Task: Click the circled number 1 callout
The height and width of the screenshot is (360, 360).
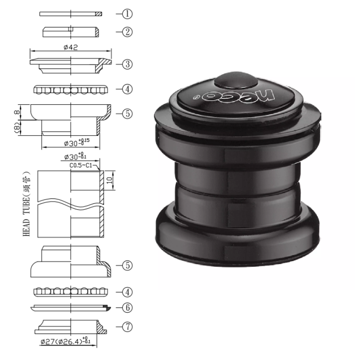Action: [x=127, y=14]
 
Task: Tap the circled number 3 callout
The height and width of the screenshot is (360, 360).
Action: [x=127, y=64]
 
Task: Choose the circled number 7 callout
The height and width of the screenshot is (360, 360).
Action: [x=127, y=327]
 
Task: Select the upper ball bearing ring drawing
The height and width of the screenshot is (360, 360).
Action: [x=71, y=90]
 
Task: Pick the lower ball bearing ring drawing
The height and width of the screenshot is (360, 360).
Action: [x=71, y=292]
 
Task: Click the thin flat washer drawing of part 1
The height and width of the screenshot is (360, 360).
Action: [x=71, y=14]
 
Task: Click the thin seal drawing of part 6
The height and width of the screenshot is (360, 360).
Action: [x=71, y=308]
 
